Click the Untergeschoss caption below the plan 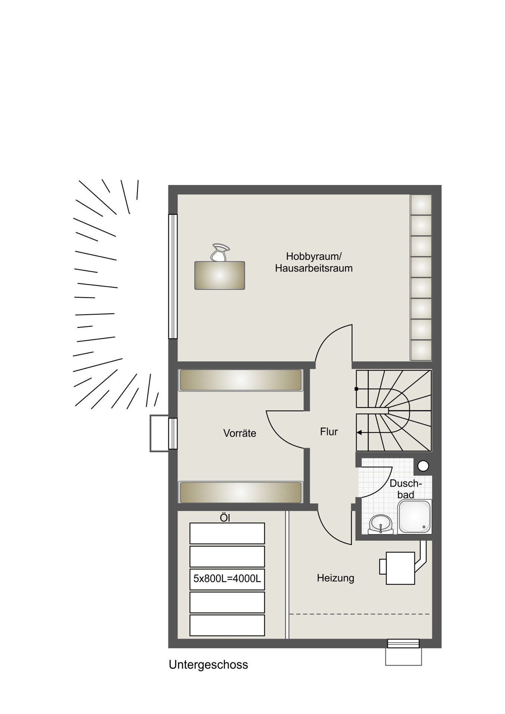pyautogui.click(x=208, y=665)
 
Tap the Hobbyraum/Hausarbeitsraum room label pyautogui.click(x=314, y=262)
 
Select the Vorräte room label pyautogui.click(x=240, y=433)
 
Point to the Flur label pyautogui.click(x=329, y=432)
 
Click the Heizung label pyautogui.click(x=335, y=578)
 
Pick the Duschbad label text pyautogui.click(x=406, y=489)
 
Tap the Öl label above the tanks pyautogui.click(x=225, y=518)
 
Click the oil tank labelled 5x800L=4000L pyautogui.click(x=227, y=579)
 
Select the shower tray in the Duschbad pyautogui.click(x=415, y=517)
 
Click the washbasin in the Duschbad pyautogui.click(x=381, y=524)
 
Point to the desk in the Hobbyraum pyautogui.click(x=220, y=276)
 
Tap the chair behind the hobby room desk pyautogui.click(x=220, y=253)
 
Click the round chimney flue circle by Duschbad pyautogui.click(x=423, y=466)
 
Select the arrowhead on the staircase pyautogui.click(x=359, y=432)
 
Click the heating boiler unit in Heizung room pyautogui.click(x=400, y=568)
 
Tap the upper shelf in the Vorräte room pyautogui.click(x=240, y=380)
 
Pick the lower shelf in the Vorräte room pyautogui.click(x=240, y=492)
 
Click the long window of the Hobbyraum pyautogui.click(x=173, y=276)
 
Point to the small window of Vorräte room pyautogui.click(x=173, y=434)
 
